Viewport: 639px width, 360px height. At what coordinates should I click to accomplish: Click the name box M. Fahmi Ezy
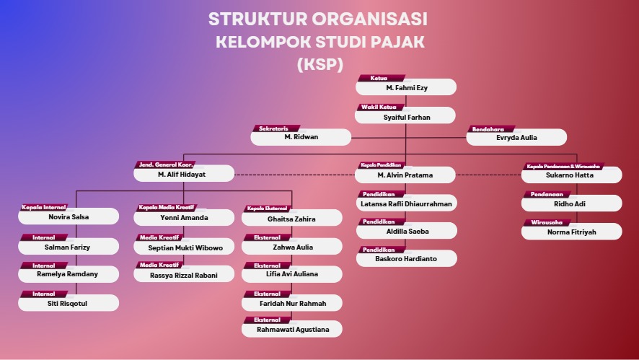[406, 87]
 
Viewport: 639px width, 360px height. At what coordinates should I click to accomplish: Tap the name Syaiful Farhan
[406, 116]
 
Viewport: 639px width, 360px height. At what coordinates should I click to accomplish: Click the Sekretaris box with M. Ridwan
[301, 136]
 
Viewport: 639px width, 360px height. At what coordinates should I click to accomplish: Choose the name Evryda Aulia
[516, 137]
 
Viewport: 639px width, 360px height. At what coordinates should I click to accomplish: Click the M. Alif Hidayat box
[183, 174]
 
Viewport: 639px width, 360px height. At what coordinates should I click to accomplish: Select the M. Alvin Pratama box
[406, 175]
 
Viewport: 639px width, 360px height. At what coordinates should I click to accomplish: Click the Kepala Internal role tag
[44, 208]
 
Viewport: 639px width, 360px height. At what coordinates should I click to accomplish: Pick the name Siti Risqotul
[68, 303]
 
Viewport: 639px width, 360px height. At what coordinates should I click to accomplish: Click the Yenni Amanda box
[184, 217]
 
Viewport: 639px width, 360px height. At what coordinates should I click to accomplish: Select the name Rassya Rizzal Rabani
[184, 275]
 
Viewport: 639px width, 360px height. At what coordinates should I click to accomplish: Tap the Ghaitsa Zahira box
[291, 218]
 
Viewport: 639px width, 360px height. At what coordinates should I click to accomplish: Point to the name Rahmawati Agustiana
[293, 330]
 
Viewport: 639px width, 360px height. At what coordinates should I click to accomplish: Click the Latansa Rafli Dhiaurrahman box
[406, 203]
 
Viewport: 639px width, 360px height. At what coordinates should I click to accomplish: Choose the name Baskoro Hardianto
[406, 258]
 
